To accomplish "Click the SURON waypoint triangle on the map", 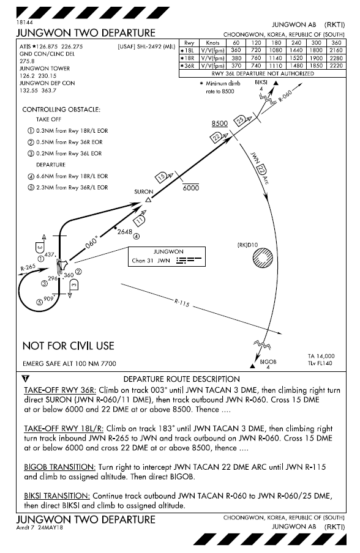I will point(148,199).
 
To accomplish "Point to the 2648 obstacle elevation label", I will point(125,231).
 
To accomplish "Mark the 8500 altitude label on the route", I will point(219,124).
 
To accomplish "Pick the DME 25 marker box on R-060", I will point(241,119).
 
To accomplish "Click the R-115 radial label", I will point(182,302).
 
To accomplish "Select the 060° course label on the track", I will point(91,245).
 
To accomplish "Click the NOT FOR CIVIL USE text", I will point(68,346).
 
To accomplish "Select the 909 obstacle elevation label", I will point(48,299).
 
